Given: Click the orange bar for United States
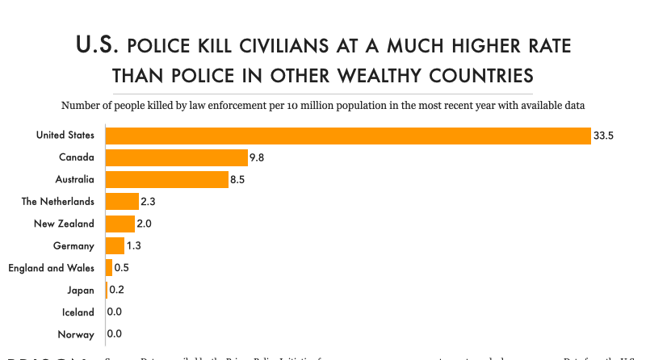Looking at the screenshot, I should coord(348,136).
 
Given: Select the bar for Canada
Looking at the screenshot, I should coord(177,157).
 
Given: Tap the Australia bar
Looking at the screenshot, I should coord(167,179).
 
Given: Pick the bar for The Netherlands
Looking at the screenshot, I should coord(123,201).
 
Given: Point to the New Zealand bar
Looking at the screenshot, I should coord(120,224).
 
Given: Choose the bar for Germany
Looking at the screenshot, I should coord(115,245).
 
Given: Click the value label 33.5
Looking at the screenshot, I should coord(604,136).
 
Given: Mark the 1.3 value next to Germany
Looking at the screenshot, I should coord(135,245).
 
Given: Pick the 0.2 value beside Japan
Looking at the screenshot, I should coord(117,290).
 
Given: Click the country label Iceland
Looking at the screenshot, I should coord(78,312).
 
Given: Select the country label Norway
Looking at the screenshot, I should coord(77,334).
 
